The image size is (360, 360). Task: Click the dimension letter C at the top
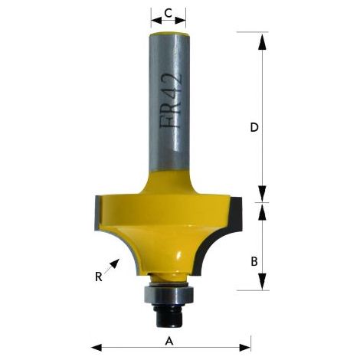[x=168, y=13]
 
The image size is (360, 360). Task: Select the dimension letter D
[x=254, y=127]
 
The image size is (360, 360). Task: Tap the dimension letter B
[x=254, y=261]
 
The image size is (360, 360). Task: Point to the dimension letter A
[x=169, y=341]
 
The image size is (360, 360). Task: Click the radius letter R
[x=99, y=277]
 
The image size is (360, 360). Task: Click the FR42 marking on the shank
[x=172, y=102]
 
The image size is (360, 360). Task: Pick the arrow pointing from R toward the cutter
[x=112, y=267]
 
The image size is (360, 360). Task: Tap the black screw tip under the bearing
[x=167, y=316]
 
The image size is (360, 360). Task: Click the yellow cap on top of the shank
[x=168, y=34]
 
